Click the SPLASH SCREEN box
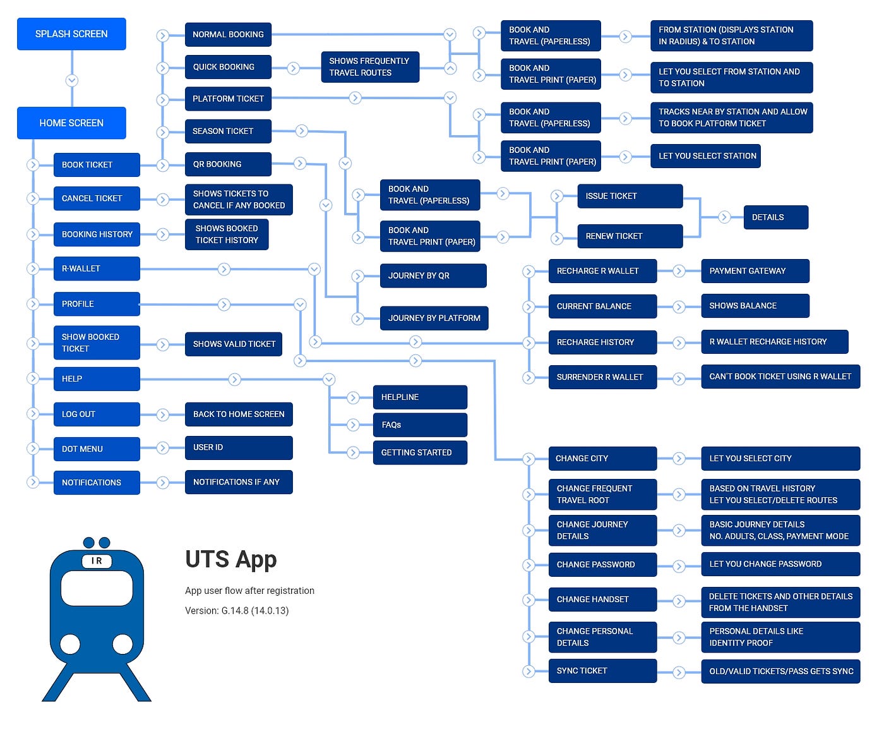point(71,34)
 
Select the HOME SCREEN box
point(71,123)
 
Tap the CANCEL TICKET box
point(97,198)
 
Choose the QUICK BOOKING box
point(228,67)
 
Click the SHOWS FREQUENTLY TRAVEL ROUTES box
point(370,67)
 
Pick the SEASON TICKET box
point(228,131)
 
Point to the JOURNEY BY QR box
point(433,276)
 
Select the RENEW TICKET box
point(630,236)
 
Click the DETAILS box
point(775,217)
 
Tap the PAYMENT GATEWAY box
point(755,271)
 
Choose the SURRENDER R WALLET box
point(602,377)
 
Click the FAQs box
point(420,425)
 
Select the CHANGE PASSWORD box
point(602,565)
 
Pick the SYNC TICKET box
point(602,671)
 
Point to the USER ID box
point(239,447)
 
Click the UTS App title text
point(231,560)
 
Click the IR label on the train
point(97,561)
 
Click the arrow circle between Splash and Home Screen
point(72,81)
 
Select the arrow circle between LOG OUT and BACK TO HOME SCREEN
point(163,415)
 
